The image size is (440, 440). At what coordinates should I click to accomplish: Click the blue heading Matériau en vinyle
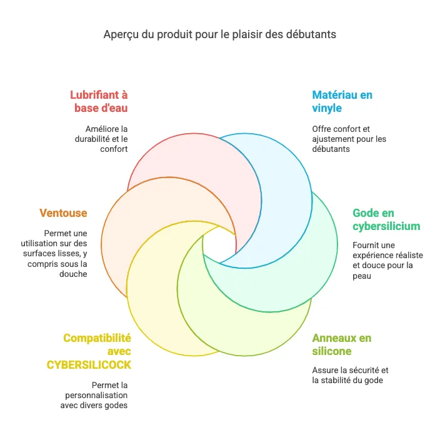342,101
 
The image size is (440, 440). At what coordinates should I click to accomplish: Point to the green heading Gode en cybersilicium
386,219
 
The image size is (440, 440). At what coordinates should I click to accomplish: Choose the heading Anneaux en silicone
341,344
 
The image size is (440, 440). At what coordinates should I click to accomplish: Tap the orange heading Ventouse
64,213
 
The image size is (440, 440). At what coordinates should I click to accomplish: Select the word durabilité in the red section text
91,139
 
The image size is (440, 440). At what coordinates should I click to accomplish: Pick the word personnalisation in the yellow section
96,395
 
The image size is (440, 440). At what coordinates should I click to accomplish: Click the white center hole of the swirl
219,246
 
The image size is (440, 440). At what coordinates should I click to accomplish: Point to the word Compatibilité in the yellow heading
97,338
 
